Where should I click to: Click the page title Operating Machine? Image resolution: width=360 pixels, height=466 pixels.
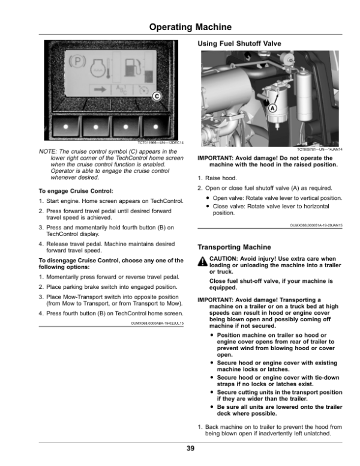190,27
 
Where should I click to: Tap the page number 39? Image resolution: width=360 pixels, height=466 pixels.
190,449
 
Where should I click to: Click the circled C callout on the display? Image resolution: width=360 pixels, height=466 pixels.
157,96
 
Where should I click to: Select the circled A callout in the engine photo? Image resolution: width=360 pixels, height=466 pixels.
272,109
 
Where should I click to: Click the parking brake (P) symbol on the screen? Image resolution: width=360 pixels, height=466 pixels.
77,61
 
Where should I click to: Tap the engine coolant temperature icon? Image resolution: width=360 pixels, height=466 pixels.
100,68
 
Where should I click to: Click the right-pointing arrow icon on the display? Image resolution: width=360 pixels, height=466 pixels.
100,89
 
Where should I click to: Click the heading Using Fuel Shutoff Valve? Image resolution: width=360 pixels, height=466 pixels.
239,44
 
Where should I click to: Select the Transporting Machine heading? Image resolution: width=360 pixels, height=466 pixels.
234,247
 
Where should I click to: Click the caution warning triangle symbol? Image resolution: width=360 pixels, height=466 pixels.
202,261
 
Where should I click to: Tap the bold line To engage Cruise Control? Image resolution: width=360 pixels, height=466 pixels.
76,191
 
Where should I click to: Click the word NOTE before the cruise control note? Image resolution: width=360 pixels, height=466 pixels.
47,151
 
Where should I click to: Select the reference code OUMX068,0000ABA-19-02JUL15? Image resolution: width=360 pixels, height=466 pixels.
157,323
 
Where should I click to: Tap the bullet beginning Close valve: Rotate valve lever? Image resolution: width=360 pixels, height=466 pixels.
271,210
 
